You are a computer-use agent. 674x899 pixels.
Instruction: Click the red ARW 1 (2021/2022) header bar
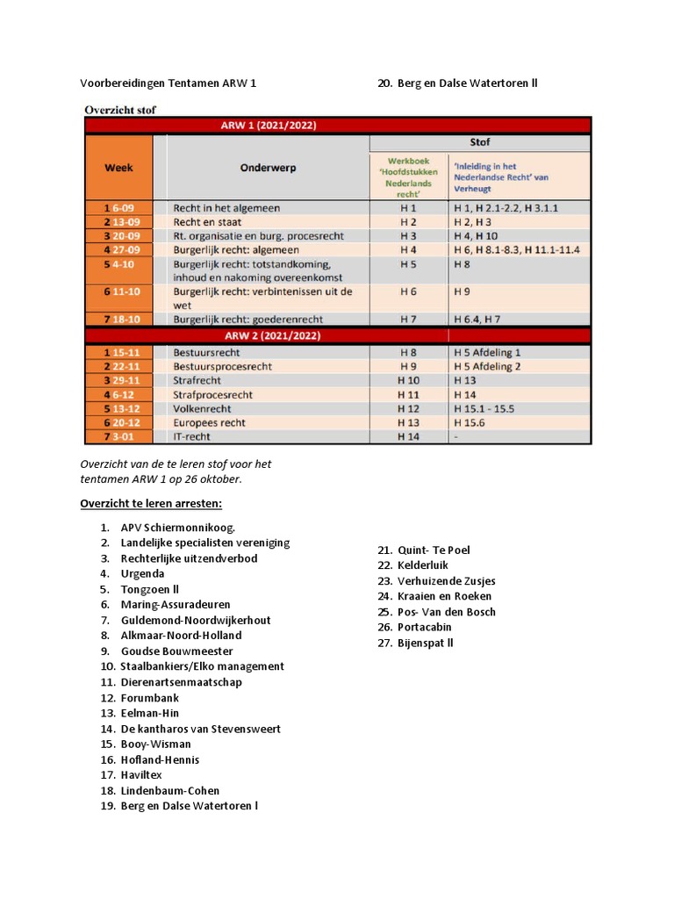337,126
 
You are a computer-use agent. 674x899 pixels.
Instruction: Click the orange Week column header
118,167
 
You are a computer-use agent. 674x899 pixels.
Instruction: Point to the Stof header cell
480,142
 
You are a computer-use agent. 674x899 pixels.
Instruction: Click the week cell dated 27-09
118,250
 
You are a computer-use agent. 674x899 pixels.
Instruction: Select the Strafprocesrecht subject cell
213,395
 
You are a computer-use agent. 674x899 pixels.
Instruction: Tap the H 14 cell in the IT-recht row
408,436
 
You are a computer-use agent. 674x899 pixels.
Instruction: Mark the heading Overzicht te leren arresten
151,503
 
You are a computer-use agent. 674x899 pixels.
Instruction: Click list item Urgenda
142,573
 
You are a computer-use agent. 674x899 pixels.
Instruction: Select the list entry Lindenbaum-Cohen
170,790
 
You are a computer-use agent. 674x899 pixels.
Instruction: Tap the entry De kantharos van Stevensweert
201,729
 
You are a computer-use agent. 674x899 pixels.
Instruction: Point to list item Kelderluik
423,565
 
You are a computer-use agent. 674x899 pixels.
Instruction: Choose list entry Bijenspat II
426,643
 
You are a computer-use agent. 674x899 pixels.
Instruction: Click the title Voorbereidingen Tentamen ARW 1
168,83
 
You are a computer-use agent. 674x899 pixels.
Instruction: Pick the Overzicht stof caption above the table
120,110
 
